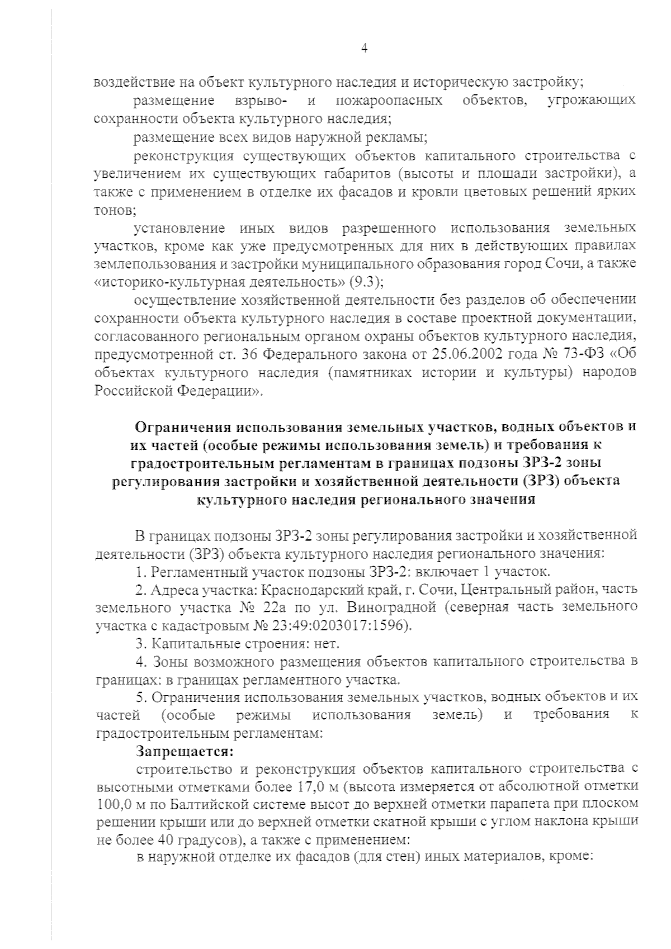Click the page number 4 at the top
click(365, 49)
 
